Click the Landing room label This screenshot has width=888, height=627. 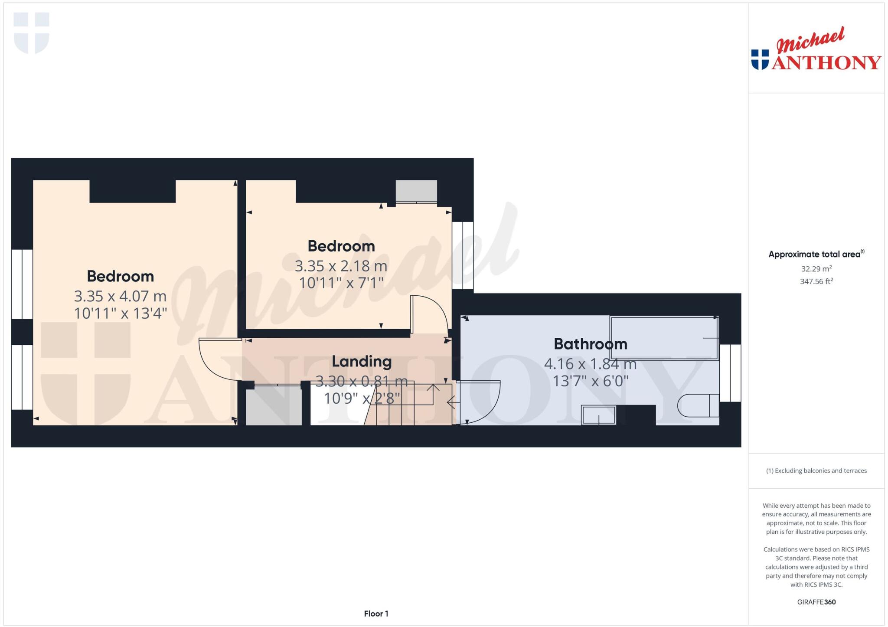click(x=362, y=361)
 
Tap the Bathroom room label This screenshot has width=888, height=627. click(x=590, y=344)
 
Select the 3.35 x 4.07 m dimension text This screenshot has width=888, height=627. click(x=120, y=296)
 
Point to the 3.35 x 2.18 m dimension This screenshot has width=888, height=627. click(x=341, y=266)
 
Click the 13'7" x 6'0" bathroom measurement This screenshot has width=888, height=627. click(x=590, y=381)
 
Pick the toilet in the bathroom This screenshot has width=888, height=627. click(x=698, y=405)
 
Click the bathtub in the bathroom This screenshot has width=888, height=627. click(x=664, y=338)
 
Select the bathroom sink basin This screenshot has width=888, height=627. click(x=598, y=415)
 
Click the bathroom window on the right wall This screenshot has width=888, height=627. click(x=730, y=373)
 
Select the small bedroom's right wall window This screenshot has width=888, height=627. click(x=463, y=255)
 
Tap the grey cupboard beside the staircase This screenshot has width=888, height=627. click(x=274, y=407)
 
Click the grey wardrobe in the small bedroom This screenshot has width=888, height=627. click(x=416, y=191)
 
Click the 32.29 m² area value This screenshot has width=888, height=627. click(x=816, y=269)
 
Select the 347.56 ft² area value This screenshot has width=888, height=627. click(x=816, y=281)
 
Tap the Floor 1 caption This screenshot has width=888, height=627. click(x=376, y=614)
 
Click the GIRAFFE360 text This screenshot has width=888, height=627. click(x=816, y=602)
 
